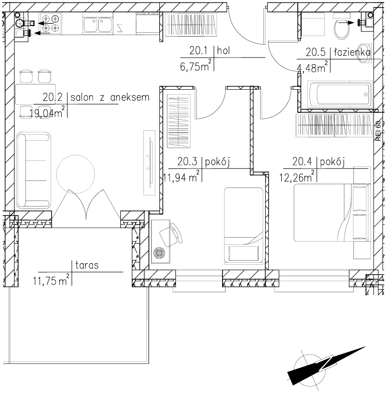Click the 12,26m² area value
click(297, 176)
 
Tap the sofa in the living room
click(33, 170)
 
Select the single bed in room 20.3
click(243, 225)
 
